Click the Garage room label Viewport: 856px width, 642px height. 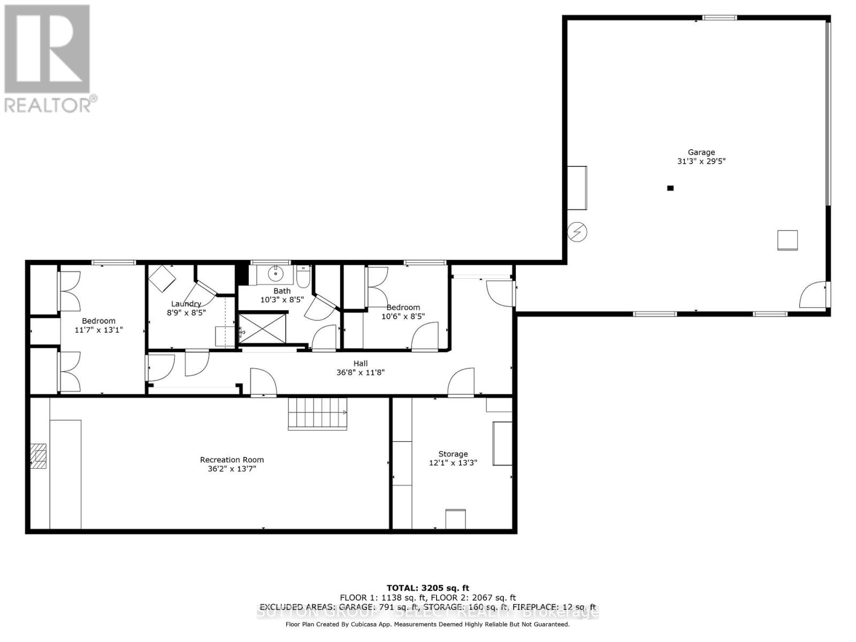point(701,152)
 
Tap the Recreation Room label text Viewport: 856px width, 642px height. point(232,460)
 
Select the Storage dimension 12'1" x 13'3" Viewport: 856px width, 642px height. point(453,463)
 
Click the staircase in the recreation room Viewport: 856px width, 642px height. point(317,413)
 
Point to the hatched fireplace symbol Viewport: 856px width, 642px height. point(38,456)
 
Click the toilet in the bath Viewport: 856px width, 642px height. point(303,276)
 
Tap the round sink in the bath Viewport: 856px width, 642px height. point(276,274)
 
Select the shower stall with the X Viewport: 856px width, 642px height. point(262,328)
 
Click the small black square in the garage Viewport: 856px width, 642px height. point(670,188)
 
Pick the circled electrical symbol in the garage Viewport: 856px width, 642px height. point(577,232)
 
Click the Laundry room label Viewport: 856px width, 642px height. point(186,304)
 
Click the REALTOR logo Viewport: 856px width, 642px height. point(48,59)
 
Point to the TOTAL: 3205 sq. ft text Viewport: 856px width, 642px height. point(427,588)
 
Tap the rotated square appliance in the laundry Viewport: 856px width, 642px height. point(162,279)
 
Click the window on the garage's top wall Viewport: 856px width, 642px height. point(719,18)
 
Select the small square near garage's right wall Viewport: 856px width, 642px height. point(787,240)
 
